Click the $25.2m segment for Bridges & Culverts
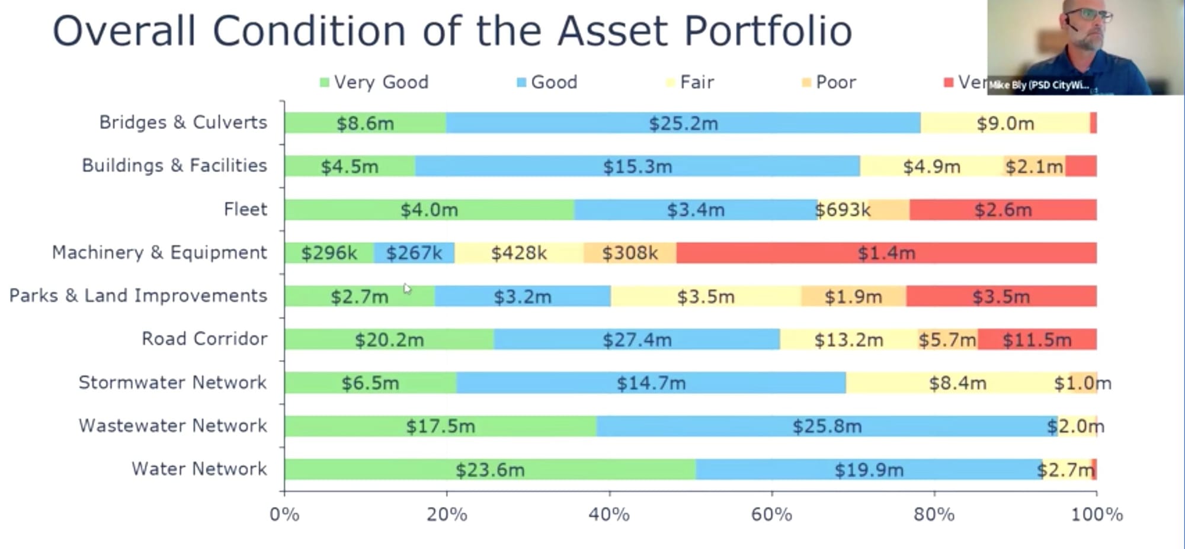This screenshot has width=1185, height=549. coord(683,123)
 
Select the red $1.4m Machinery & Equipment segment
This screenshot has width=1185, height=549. coord(886,253)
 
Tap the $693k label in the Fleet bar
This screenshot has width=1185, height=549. coord(843,210)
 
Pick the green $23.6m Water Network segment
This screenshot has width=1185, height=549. coord(489,470)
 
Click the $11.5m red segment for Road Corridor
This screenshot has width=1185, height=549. coord(1037,340)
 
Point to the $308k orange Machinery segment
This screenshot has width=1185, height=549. coord(630,253)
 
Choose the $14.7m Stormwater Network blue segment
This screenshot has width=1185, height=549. coord(651,383)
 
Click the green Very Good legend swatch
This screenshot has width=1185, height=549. coord(324,82)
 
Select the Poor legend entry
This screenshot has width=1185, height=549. coord(835,82)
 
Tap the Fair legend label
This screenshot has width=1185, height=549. coord(697,82)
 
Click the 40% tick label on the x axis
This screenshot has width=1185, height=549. coord(609,514)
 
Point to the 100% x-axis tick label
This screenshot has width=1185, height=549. coord(1097,514)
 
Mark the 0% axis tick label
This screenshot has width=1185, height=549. coord(284,514)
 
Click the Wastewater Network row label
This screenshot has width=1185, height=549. coord(172,426)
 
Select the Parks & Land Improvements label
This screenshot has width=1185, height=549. coord(138,296)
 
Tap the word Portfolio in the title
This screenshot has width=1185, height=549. coord(768,31)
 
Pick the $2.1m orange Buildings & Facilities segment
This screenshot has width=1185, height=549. coord(1034,166)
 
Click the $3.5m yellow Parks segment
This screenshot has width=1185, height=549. coord(705,297)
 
